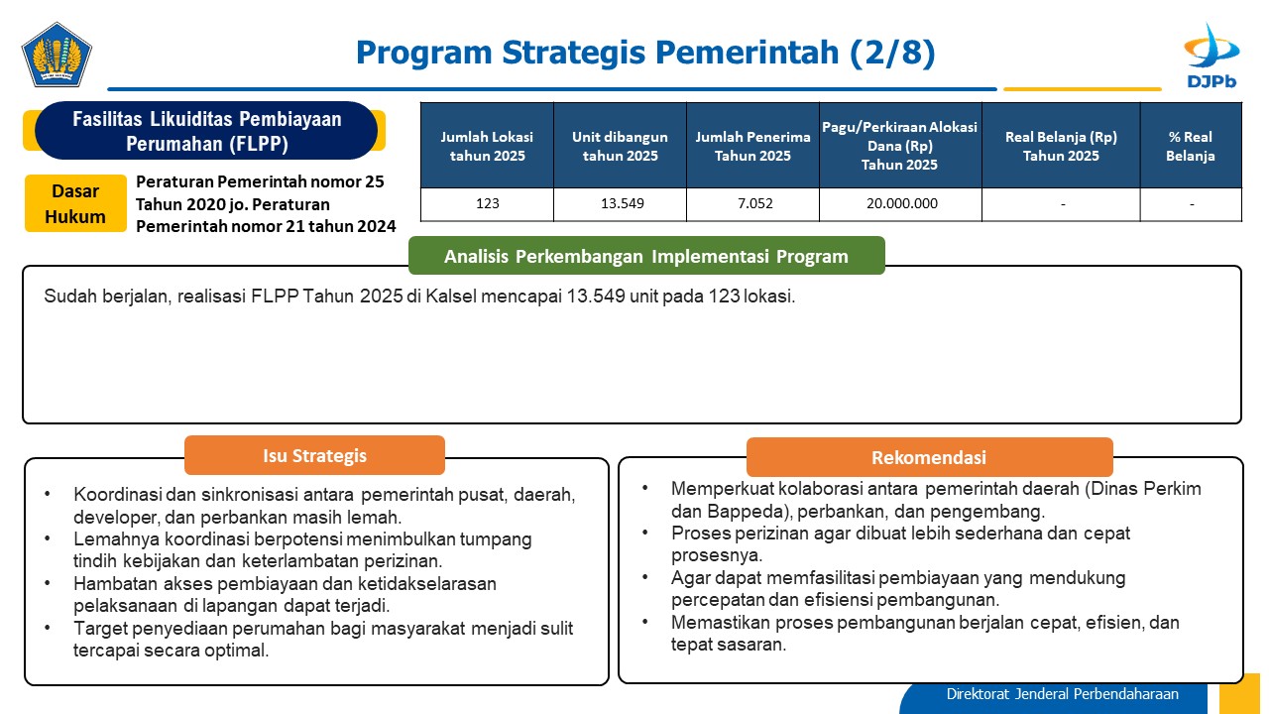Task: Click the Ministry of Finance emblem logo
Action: pyautogui.click(x=57, y=55)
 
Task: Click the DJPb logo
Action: pyautogui.click(x=1211, y=56)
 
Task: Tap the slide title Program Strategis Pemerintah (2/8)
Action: pyautogui.click(x=645, y=53)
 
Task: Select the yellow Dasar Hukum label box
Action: pyautogui.click(x=75, y=203)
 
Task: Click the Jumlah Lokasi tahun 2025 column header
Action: pyautogui.click(x=487, y=146)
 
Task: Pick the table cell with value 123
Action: pyautogui.click(x=487, y=203)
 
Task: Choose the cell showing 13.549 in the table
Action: pyautogui.click(x=622, y=203)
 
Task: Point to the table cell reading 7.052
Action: pyautogui.click(x=754, y=203)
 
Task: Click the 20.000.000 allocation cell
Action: pyautogui.click(x=901, y=203)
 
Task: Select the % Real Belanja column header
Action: pyautogui.click(x=1191, y=146)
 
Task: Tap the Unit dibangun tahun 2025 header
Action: pyautogui.click(x=620, y=146)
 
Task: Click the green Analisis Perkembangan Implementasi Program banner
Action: pyautogui.click(x=646, y=256)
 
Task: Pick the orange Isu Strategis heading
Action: pyautogui.click(x=314, y=455)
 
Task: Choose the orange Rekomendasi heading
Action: pyautogui.click(x=929, y=457)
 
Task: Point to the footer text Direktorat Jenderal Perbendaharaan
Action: pyautogui.click(x=1062, y=694)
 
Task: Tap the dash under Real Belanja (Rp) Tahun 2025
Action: pyautogui.click(x=1063, y=204)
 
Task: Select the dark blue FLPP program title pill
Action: pyautogui.click(x=206, y=130)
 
